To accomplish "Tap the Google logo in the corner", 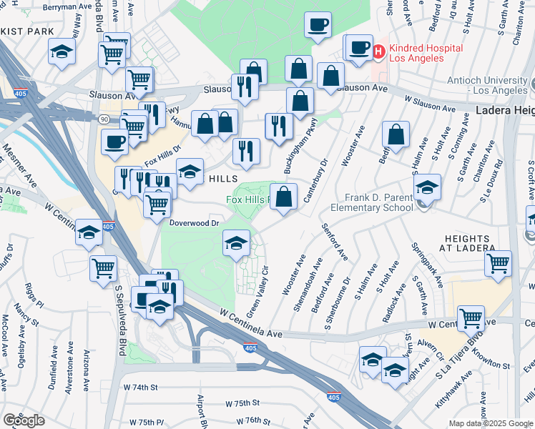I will (x=24, y=420).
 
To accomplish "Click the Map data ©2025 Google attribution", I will (x=490, y=423).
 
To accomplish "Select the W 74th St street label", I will (x=139, y=387).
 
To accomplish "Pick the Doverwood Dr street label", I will (x=194, y=222).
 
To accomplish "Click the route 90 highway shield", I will (x=104, y=119).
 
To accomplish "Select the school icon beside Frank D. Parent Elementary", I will (x=428, y=187).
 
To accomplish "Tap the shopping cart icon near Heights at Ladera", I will (x=498, y=262).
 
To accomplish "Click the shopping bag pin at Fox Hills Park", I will (x=284, y=197).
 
